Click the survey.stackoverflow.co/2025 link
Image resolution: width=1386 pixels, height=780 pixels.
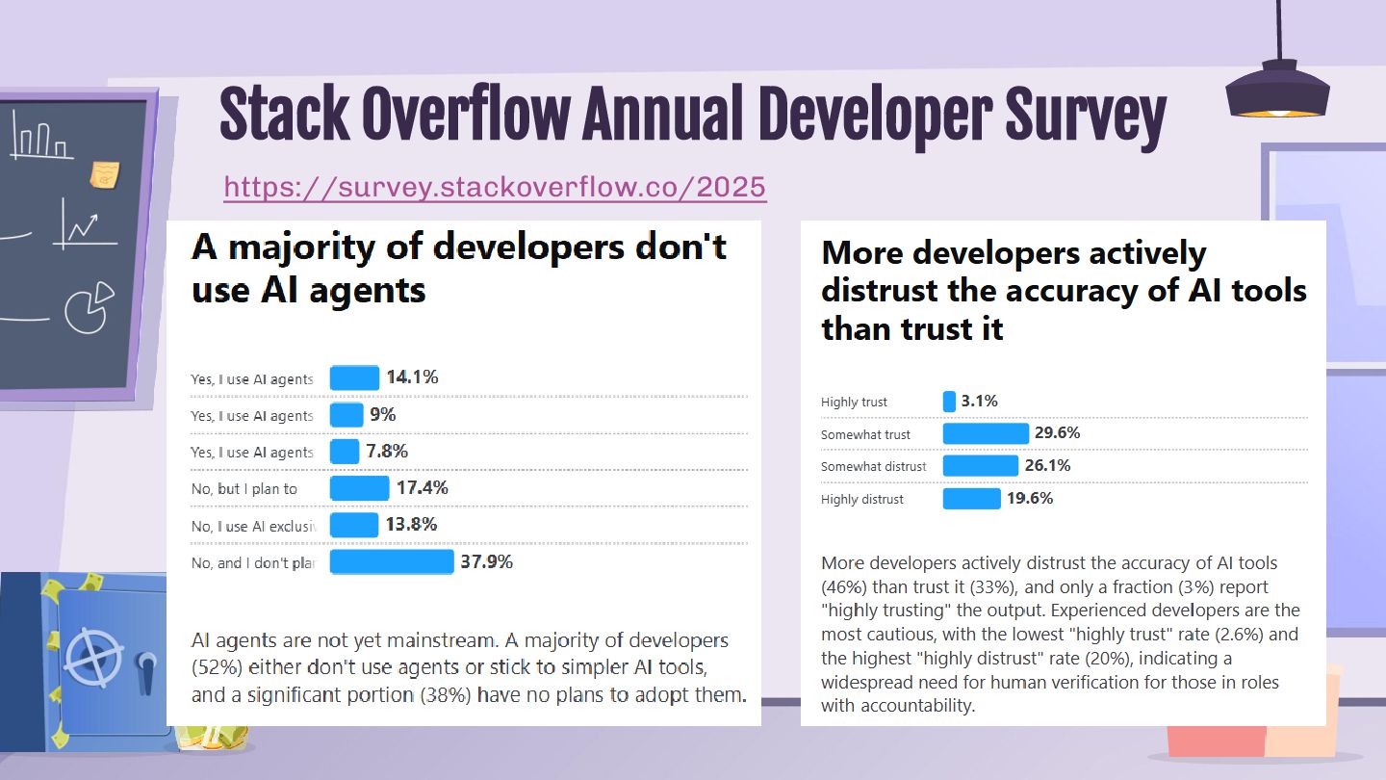click(495, 186)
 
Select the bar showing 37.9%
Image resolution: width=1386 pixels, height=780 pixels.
click(392, 561)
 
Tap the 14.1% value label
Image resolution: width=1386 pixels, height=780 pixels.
click(412, 377)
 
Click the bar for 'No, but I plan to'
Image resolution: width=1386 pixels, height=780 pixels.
click(359, 488)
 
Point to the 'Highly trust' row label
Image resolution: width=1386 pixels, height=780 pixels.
click(854, 403)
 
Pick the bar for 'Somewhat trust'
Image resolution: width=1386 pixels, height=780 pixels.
click(986, 433)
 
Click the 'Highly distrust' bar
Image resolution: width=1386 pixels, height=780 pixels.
click(971, 499)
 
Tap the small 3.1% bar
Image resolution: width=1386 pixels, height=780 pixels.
click(949, 402)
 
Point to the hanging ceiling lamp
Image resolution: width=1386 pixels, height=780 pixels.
click(1277, 91)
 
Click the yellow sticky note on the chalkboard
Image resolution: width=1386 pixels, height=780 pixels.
click(105, 175)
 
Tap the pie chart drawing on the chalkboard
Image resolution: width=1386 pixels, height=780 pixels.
click(89, 307)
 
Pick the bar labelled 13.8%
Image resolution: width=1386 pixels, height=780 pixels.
click(353, 525)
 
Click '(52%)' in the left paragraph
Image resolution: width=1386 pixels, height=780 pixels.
click(218, 667)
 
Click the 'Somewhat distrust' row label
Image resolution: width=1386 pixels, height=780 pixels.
click(873, 467)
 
